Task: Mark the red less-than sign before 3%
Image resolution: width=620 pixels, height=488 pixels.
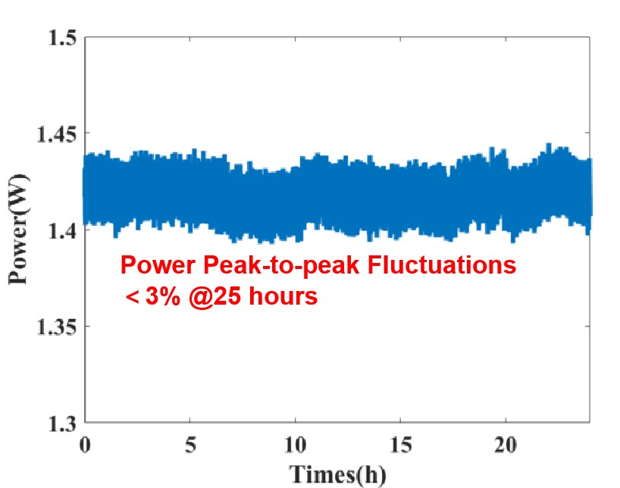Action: [131, 297]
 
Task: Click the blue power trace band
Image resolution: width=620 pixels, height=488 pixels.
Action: [337, 189]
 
